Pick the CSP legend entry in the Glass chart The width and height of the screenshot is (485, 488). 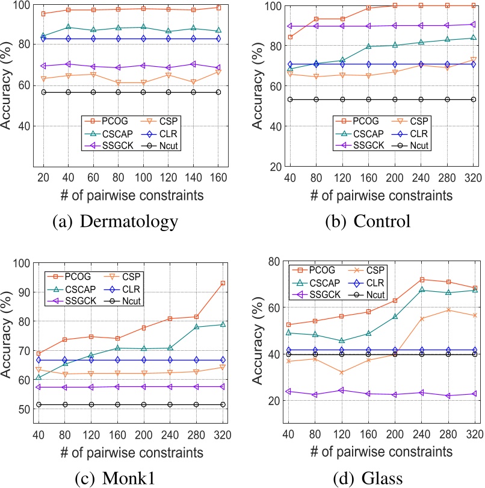[x=372, y=269]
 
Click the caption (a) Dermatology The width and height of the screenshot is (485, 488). [x=116, y=221]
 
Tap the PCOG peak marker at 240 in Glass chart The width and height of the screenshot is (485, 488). [x=422, y=280]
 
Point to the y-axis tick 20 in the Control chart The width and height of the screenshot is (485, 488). [x=274, y=167]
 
